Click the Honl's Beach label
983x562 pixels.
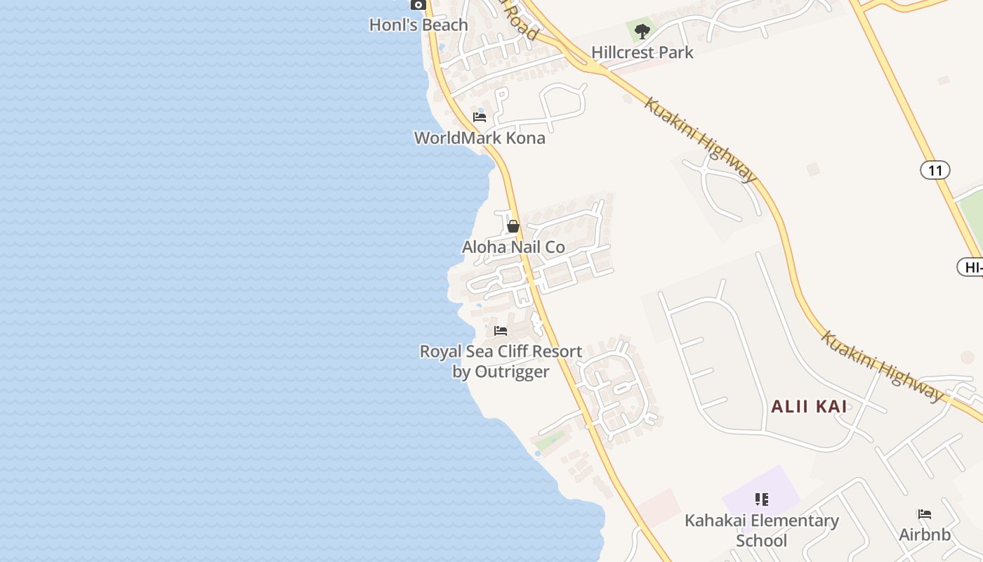pyautogui.click(x=418, y=25)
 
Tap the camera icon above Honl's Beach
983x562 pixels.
pyautogui.click(x=418, y=5)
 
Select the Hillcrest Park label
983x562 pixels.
pyautogui.click(x=642, y=53)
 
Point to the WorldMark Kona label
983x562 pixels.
pyautogui.click(x=480, y=138)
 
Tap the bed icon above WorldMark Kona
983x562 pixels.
pyautogui.click(x=480, y=117)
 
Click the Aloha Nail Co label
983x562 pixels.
pyautogui.click(x=513, y=247)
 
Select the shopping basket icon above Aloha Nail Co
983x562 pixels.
pyautogui.click(x=513, y=226)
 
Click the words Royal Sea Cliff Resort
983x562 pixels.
pyautogui.click(x=501, y=351)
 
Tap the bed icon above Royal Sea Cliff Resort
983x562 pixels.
pyautogui.click(x=501, y=330)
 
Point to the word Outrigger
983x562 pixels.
pyautogui.click(x=512, y=372)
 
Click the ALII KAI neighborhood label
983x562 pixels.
pyautogui.click(x=809, y=407)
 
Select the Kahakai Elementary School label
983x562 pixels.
pyautogui.click(x=762, y=530)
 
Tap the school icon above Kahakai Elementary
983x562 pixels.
pyautogui.click(x=762, y=499)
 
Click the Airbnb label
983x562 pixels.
pyautogui.click(x=925, y=535)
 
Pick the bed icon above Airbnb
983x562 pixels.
pyautogui.click(x=925, y=514)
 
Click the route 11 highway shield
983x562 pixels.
pyautogui.click(x=935, y=170)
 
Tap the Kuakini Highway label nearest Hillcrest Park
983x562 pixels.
pyautogui.click(x=700, y=140)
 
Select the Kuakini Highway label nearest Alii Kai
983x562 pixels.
pyautogui.click(x=882, y=366)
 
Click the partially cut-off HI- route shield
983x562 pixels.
pyautogui.click(x=971, y=267)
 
